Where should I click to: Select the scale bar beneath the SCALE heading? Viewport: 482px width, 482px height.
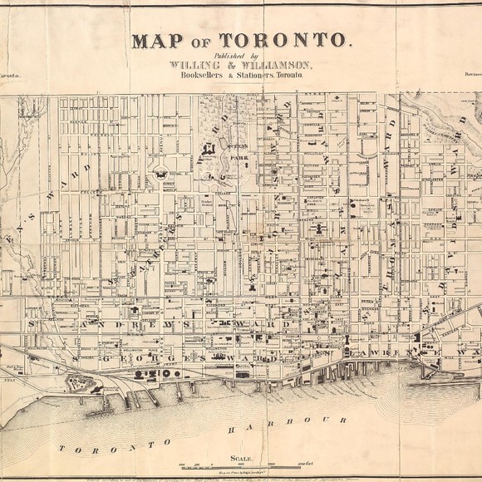(241, 464)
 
